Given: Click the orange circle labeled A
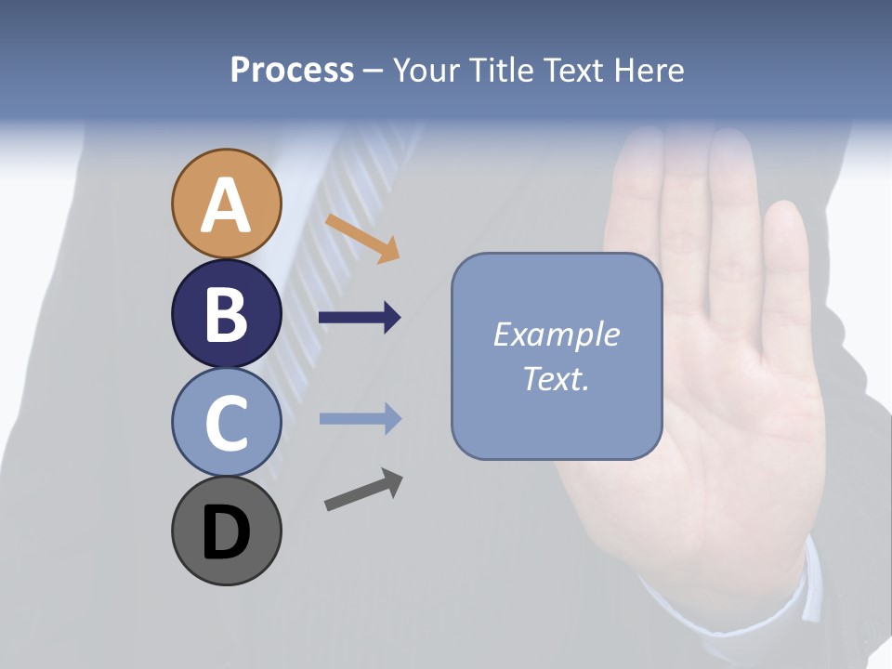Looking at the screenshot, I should tap(226, 203).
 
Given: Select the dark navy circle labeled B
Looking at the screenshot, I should tap(226, 313).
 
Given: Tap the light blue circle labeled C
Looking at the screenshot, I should tap(226, 422).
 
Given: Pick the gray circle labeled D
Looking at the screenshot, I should tap(226, 531).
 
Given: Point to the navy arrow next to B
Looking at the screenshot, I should tap(360, 318).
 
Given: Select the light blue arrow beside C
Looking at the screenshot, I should tap(360, 419).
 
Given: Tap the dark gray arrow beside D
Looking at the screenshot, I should tap(363, 489).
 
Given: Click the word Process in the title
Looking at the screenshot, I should tap(292, 70).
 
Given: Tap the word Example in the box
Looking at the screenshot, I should tap(556, 334).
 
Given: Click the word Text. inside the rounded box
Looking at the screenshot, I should tap(556, 378).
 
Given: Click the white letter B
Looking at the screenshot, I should tap(226, 314).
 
